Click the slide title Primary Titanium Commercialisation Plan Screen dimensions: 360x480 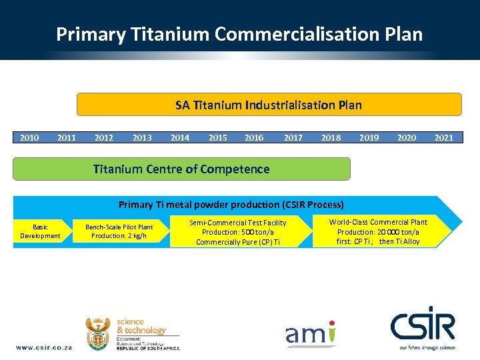(239, 34)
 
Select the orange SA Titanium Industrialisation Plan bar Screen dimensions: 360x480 (269, 105)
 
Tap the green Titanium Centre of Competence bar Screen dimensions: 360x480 (181, 169)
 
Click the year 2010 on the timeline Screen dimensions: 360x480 (29, 138)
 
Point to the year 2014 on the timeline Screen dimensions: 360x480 (180, 138)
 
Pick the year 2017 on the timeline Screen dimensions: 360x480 (293, 138)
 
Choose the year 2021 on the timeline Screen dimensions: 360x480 (443, 138)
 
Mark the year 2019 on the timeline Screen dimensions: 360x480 (369, 138)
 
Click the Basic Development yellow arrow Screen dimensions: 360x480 (40, 231)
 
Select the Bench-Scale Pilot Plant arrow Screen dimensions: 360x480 (119, 231)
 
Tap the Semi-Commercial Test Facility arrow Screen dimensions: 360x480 (238, 232)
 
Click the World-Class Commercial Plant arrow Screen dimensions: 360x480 (379, 231)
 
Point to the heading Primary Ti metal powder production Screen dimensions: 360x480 (231, 205)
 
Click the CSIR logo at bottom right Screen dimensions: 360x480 (422, 327)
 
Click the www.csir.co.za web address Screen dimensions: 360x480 (44, 347)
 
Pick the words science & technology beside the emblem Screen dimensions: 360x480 (141, 326)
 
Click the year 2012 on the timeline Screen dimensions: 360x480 (104, 138)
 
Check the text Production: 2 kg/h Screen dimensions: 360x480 (119, 236)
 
